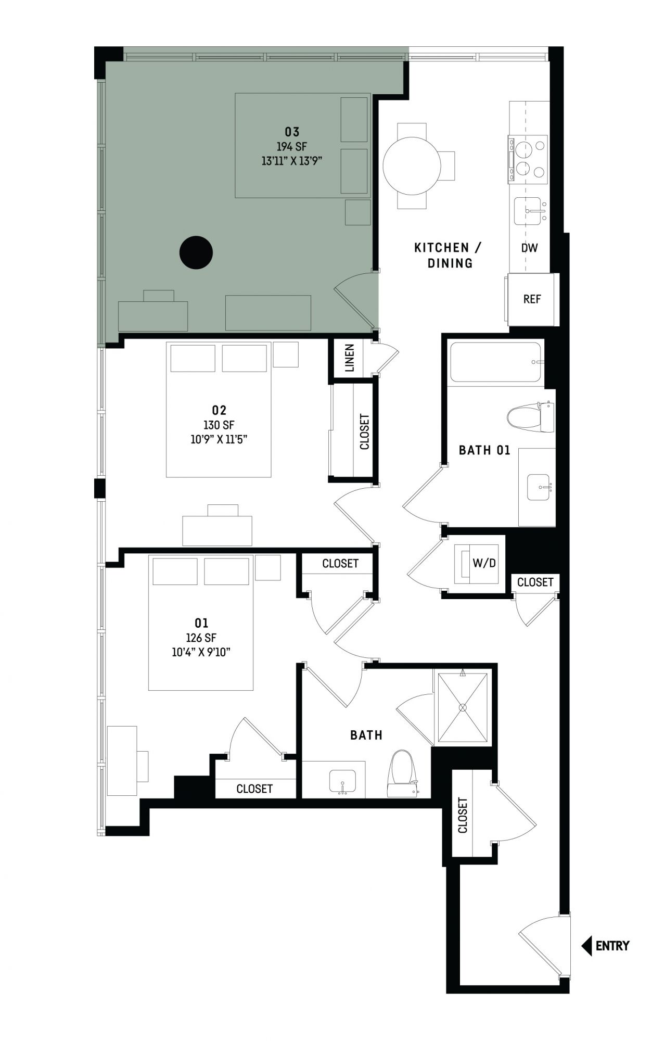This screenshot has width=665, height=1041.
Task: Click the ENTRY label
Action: tap(612, 946)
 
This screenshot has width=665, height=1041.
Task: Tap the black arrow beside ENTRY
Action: tap(586, 946)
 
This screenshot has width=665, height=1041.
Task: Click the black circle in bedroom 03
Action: tap(196, 252)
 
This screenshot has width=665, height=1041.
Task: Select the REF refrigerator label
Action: tap(532, 299)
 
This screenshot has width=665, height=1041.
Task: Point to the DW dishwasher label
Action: tap(530, 248)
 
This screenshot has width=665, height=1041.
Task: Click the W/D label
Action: tap(484, 563)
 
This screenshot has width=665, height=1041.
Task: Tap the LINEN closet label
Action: tap(350, 358)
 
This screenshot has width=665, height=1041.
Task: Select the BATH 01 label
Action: tap(484, 450)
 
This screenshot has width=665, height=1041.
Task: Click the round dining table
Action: tap(412, 166)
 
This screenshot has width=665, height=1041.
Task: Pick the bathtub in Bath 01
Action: tap(496, 362)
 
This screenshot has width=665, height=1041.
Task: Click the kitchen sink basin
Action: tap(530, 212)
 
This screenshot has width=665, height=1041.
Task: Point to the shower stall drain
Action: tap(462, 707)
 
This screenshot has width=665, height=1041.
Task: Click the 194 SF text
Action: tap(292, 147)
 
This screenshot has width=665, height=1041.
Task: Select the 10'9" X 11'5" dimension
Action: tap(219, 439)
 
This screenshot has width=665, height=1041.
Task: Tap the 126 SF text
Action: tap(201, 638)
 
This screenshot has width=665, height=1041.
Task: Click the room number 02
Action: tap(219, 411)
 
